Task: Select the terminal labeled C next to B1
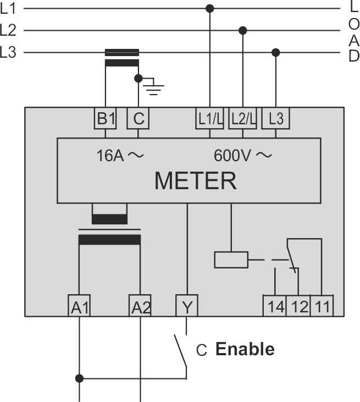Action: click(x=139, y=118)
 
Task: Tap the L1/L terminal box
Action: click(x=209, y=118)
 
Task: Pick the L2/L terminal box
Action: click(x=242, y=118)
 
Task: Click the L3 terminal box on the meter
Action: click(x=276, y=118)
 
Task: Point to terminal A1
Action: click(x=80, y=306)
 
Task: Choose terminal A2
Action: click(x=140, y=306)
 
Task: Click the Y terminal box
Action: click(x=187, y=306)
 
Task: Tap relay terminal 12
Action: click(x=298, y=306)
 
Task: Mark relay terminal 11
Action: click(x=322, y=306)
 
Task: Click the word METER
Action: click(x=195, y=180)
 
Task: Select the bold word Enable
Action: click(x=245, y=349)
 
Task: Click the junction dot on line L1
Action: click(x=209, y=8)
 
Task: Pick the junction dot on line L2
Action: click(x=242, y=30)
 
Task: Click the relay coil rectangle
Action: click(x=231, y=259)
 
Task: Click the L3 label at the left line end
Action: click(x=9, y=53)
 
